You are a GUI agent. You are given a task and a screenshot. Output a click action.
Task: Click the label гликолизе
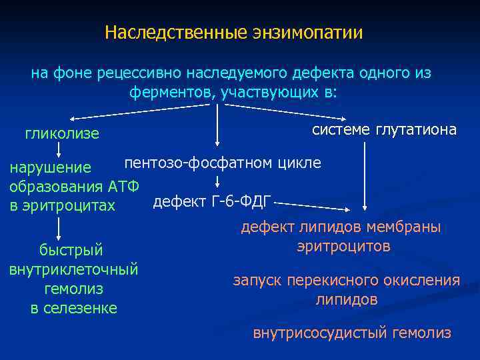tap(62, 134)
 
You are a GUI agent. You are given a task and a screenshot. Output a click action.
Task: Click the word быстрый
tap(71, 250)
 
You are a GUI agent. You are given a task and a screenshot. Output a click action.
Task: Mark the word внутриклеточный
tap(73, 269)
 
